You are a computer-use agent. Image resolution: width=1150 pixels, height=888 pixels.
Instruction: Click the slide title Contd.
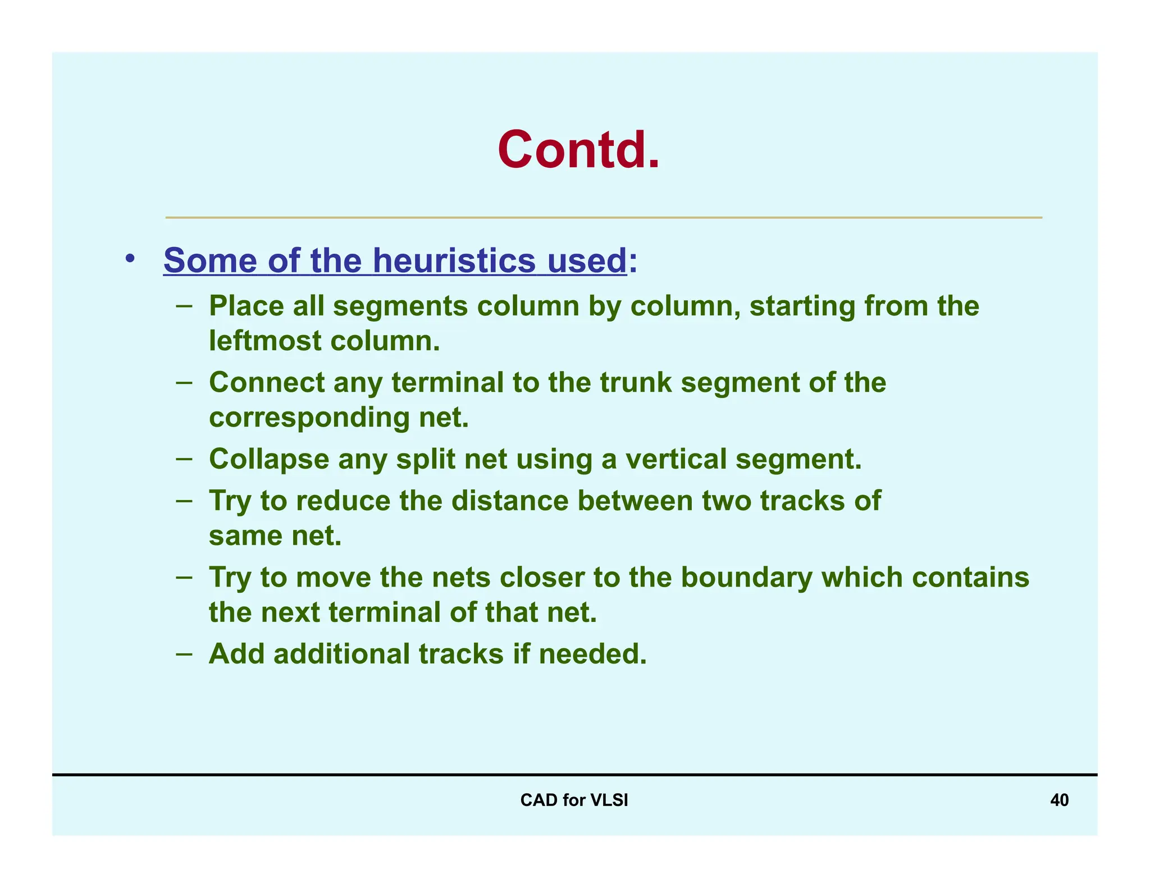coord(578,150)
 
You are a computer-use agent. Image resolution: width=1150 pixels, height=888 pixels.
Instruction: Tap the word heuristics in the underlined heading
coord(454,261)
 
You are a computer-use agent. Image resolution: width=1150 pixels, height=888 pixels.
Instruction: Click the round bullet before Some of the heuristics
coord(130,259)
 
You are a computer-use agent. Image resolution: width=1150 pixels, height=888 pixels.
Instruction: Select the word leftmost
coord(264,341)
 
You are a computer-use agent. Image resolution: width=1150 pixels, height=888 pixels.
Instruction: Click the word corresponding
coord(309,418)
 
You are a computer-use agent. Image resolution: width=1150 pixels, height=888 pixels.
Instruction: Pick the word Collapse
coord(269,460)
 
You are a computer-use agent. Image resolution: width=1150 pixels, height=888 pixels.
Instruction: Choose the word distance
coord(510,501)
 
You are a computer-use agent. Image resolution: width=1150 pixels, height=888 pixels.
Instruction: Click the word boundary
coord(746,578)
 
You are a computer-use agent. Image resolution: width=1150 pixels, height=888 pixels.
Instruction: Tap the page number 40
coord(1059,800)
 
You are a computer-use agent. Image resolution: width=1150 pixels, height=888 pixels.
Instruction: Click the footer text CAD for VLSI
coord(574,800)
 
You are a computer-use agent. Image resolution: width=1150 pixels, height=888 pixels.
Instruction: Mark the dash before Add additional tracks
coord(184,654)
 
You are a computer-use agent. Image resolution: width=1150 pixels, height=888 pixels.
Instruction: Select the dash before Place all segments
coord(184,306)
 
